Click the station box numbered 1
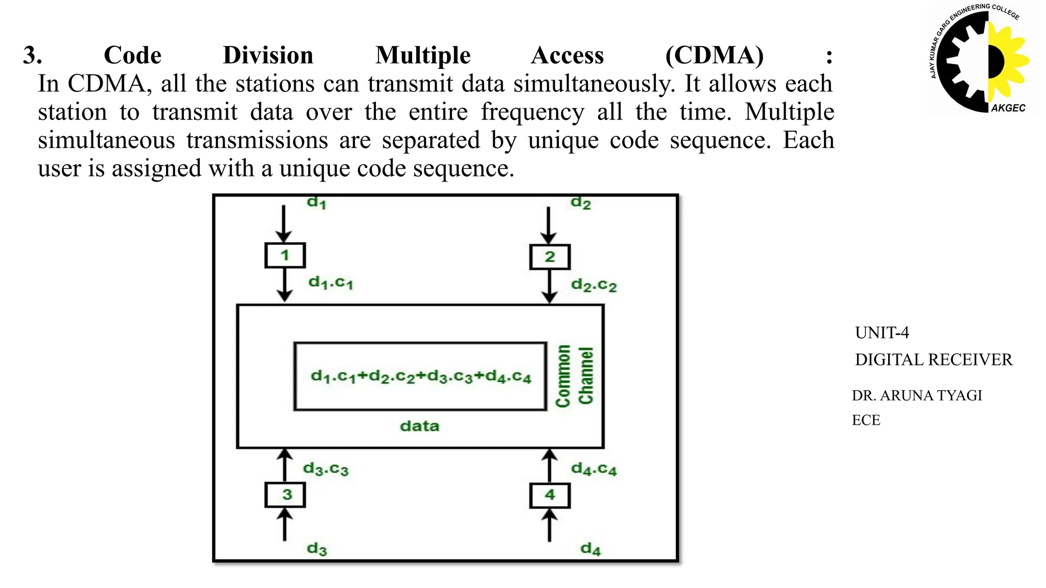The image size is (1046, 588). tap(285, 255)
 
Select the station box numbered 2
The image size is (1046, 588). tap(550, 257)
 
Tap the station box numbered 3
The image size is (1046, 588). tap(285, 495)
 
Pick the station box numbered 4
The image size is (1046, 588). tap(550, 495)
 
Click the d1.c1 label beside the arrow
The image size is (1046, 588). tap(330, 283)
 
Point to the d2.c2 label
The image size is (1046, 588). tap(593, 285)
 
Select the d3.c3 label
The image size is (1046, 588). tap(325, 469)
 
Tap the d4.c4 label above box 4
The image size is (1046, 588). tap(593, 469)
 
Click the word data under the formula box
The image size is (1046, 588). tap(419, 426)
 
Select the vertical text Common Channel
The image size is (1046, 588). tap(575, 376)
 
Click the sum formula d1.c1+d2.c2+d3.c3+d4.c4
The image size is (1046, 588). tap(421, 377)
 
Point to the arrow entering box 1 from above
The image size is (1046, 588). tap(283, 224)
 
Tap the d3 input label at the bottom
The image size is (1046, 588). tap(317, 549)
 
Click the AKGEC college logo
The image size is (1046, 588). tap(979, 59)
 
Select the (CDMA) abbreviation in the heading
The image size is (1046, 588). tap(714, 55)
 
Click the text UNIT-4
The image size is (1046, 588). tap(882, 333)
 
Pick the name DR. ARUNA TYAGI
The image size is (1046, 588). tap(917, 396)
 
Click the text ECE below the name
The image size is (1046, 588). tap(866, 420)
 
